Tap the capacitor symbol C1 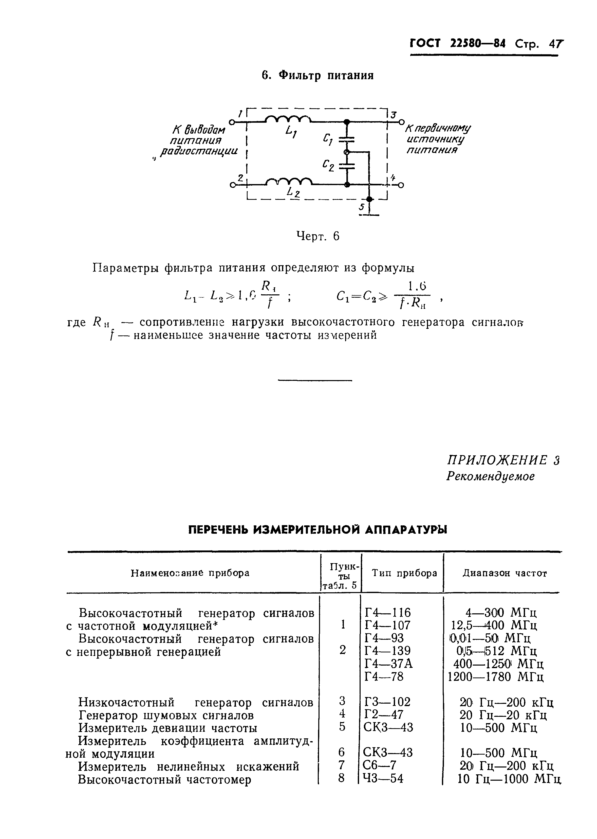pos(346,139)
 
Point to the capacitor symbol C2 pos(346,166)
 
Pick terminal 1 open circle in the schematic pos(232,122)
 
